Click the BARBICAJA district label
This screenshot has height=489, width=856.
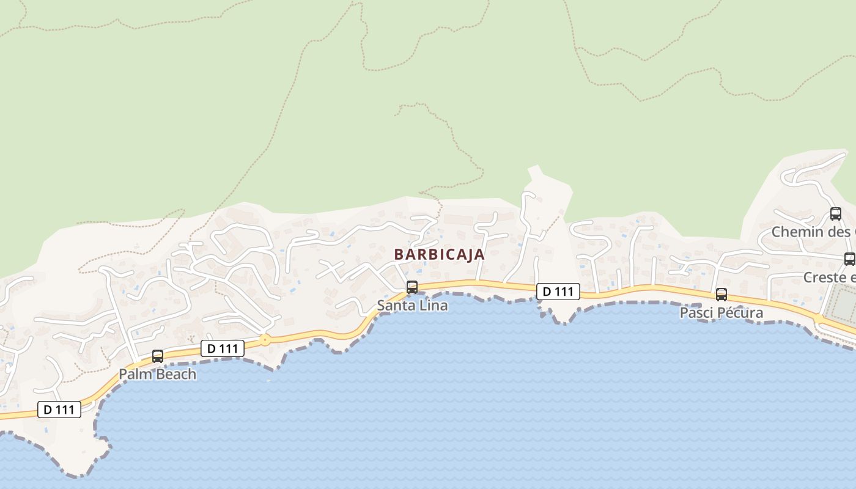tap(439, 254)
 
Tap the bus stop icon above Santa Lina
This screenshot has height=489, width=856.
tap(412, 287)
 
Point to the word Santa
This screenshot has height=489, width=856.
tap(395, 305)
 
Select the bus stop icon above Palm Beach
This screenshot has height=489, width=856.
tap(157, 356)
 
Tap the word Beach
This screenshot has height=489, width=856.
tap(175, 374)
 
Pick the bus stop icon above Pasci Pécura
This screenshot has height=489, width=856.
tap(721, 295)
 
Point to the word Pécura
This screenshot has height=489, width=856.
tap(741, 313)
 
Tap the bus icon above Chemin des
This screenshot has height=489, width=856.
tap(835, 214)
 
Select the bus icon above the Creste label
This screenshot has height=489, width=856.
tap(849, 259)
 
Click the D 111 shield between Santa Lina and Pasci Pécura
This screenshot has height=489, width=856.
tap(558, 292)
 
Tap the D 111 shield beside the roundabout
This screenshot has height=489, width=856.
tap(223, 348)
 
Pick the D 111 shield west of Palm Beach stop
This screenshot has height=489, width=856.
tap(59, 410)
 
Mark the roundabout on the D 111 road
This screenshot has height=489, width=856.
tap(265, 339)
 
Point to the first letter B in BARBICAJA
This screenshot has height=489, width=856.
tap(399, 254)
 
